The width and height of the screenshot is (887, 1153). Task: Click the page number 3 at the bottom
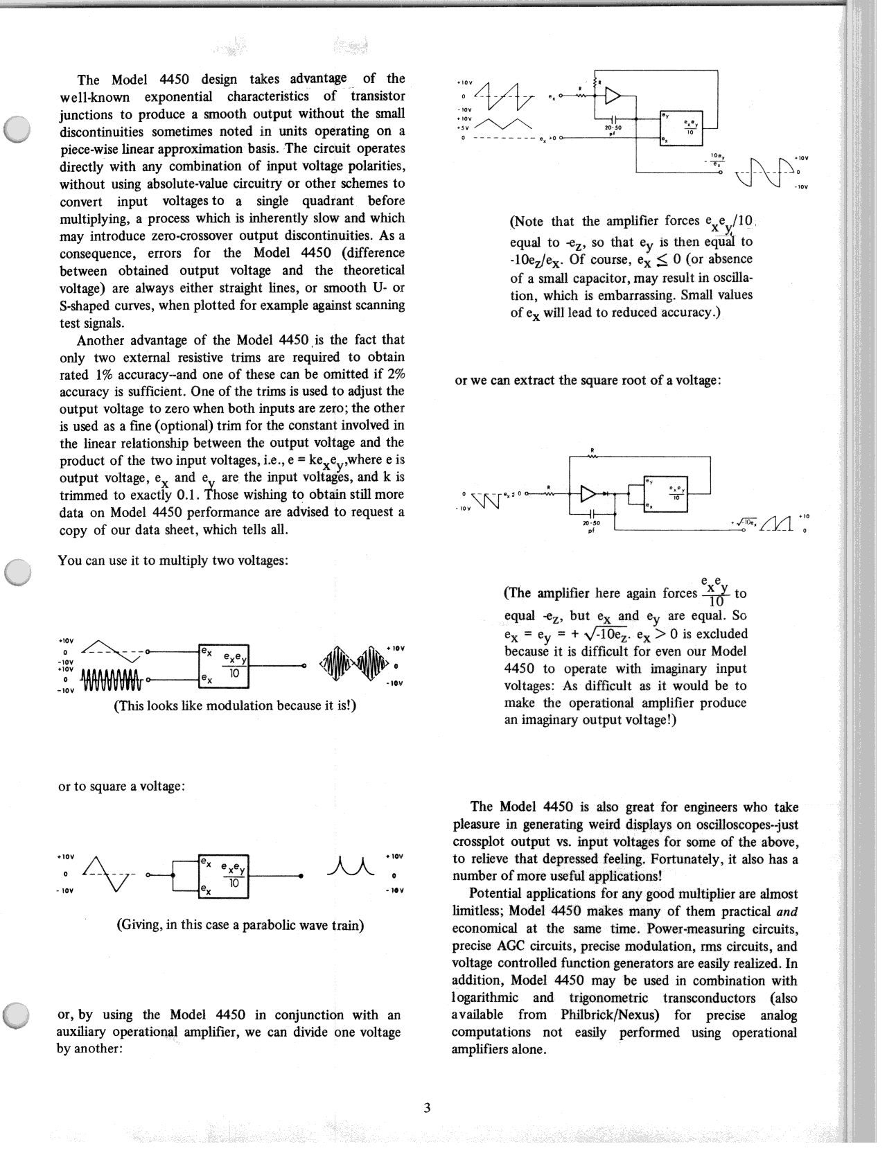click(427, 1107)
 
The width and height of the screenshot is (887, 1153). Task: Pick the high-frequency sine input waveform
click(112, 680)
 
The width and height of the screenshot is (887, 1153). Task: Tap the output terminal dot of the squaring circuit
click(300, 876)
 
